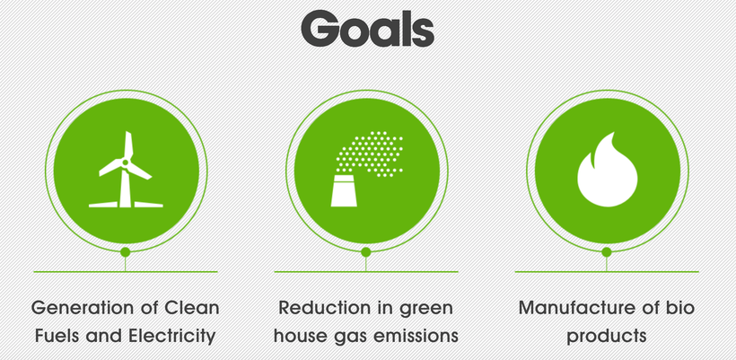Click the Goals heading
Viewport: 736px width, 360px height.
coord(367,29)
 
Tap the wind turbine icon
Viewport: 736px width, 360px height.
coord(126,170)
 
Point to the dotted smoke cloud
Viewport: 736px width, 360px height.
coord(370,154)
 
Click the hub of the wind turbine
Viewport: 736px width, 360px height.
coord(126,162)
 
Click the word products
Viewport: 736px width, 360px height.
coord(607,337)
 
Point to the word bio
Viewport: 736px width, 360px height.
coord(681,308)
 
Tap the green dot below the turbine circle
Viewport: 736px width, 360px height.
coord(126,252)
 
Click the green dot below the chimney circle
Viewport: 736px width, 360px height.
coord(366,252)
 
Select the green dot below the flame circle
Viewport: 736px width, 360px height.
coord(607,252)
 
